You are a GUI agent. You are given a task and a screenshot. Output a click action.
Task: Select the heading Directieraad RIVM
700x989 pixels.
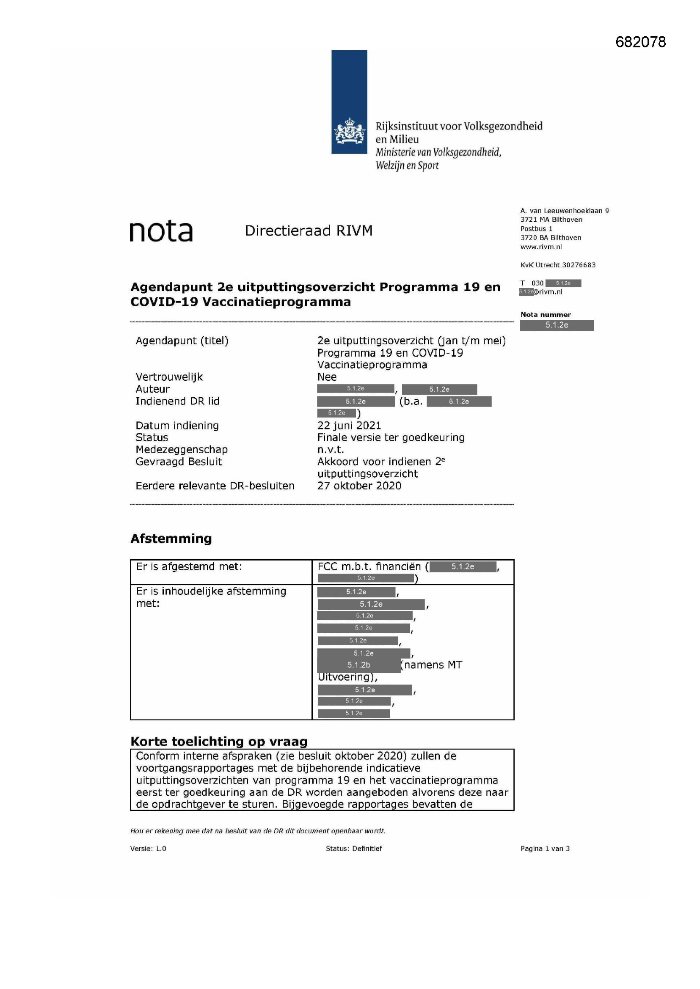tap(308, 231)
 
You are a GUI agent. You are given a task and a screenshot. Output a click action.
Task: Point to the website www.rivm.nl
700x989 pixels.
tap(541, 247)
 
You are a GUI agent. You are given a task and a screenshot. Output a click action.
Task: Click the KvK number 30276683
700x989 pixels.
tap(579, 265)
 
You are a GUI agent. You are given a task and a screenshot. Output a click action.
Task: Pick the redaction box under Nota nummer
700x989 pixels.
tap(557, 325)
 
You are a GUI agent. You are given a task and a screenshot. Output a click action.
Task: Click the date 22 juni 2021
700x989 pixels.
tap(349, 426)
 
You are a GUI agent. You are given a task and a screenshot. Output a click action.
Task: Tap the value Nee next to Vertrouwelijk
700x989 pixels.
tap(327, 377)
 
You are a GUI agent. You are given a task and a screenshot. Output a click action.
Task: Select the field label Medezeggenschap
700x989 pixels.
tap(182, 450)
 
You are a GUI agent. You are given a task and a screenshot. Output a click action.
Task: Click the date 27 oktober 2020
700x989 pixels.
tap(359, 486)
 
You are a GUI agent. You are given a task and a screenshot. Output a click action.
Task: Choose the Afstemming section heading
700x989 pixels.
tap(171, 539)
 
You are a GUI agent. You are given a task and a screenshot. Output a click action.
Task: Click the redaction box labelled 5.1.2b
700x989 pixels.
tap(358, 665)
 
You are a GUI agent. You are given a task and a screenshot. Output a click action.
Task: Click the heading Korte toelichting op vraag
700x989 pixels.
tap(219, 742)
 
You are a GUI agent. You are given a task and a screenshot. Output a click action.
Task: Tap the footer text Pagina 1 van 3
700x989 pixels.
tap(545, 849)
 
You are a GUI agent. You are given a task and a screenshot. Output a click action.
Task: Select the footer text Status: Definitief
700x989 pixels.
tap(353, 849)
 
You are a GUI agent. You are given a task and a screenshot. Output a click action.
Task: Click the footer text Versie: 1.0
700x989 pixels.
tap(148, 849)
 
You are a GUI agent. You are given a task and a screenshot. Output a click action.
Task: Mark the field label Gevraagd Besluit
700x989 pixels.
tap(179, 462)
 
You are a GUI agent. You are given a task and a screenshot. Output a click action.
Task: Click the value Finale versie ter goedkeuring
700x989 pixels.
tap(391, 438)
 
